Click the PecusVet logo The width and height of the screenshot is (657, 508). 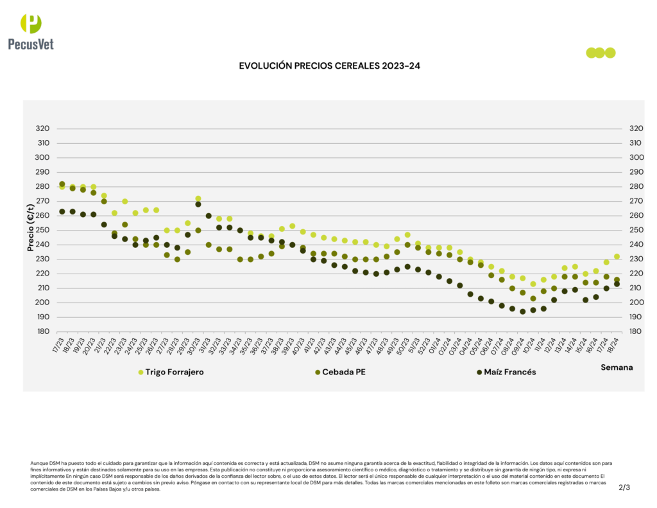click(x=31, y=31)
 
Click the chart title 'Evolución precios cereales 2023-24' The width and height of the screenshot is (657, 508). click(x=329, y=66)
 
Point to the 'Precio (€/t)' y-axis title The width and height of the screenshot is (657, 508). click(x=30, y=227)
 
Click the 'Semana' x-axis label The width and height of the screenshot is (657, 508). click(x=617, y=367)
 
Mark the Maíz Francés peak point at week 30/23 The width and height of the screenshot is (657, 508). click(x=198, y=204)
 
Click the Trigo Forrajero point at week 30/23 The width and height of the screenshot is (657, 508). click(x=198, y=198)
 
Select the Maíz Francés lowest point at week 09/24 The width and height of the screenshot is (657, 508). click(x=523, y=311)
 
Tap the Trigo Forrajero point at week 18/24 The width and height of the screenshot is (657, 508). click(x=617, y=256)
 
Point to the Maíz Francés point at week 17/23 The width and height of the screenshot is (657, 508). click(x=62, y=211)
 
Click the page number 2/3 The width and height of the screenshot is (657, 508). click(x=624, y=487)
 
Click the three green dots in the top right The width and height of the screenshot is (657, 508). click(x=601, y=53)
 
